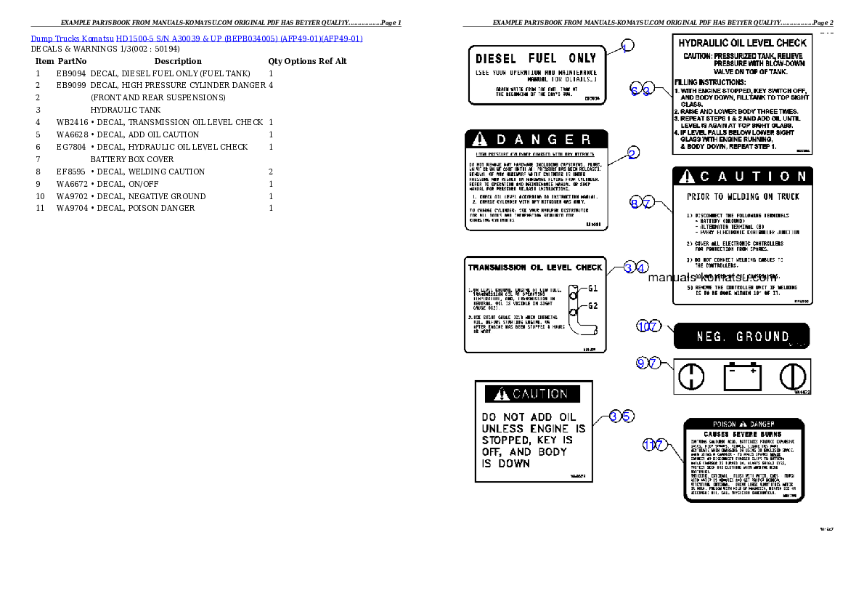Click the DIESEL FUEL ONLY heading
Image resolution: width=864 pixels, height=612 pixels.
tap(535, 58)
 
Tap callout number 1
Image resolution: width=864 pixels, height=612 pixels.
tap(627, 46)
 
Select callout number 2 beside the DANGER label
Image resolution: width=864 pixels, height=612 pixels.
tap(633, 153)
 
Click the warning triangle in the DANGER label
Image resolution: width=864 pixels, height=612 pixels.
tap(479, 139)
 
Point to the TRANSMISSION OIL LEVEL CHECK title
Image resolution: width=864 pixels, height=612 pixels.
tap(535, 267)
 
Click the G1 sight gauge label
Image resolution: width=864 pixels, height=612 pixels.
tap(592, 289)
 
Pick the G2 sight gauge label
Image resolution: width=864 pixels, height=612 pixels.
tap(592, 306)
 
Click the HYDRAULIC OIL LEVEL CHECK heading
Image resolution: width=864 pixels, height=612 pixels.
tap(742, 43)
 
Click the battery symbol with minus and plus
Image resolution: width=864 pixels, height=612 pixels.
tap(742, 377)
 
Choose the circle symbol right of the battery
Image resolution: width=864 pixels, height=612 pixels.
tap(792, 377)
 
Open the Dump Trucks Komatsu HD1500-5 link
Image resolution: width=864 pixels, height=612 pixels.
tap(196, 39)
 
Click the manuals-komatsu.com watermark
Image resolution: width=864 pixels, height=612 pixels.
tap(712, 277)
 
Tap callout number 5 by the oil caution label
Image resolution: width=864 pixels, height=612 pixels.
tap(628, 416)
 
